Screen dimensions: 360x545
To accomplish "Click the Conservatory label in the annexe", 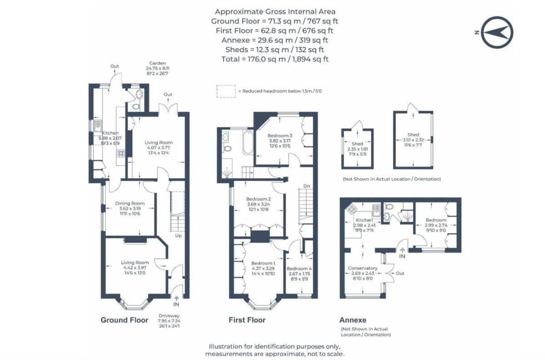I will (362, 268).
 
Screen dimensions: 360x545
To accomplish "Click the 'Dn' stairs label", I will (306, 186).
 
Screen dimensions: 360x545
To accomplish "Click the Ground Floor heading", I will (124, 320).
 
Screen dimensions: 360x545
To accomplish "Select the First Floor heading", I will (247, 320).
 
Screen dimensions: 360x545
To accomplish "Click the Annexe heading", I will (353, 320).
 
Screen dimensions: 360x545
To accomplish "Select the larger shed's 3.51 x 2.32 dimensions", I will (413, 140).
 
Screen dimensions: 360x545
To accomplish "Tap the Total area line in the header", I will (275, 59).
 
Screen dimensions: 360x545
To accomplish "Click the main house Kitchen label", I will (110, 133).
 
